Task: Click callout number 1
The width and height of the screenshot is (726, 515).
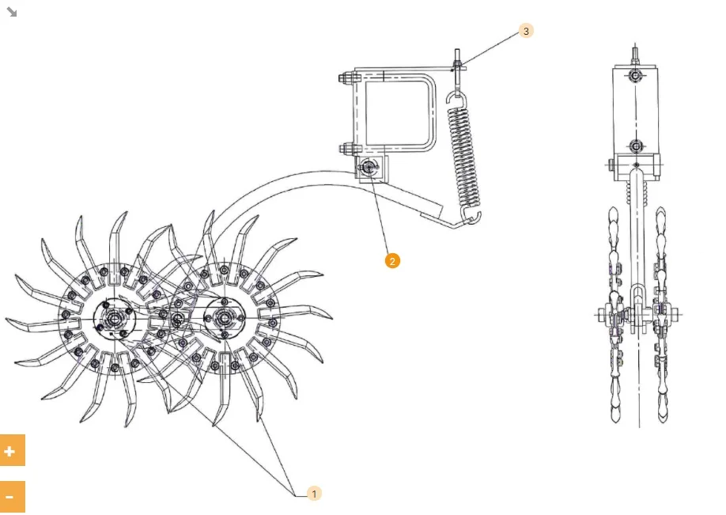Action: [314, 494]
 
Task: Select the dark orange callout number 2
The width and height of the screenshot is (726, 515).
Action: [392, 261]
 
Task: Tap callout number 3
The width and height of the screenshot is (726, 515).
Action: [526, 31]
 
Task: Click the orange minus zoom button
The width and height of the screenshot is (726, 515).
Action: [12, 497]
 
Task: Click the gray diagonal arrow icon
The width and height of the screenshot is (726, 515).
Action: [12, 12]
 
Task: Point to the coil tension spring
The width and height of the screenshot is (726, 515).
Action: [464, 157]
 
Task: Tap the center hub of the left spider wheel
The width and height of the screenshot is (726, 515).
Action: [113, 319]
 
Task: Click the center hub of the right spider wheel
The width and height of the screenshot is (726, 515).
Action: [224, 318]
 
